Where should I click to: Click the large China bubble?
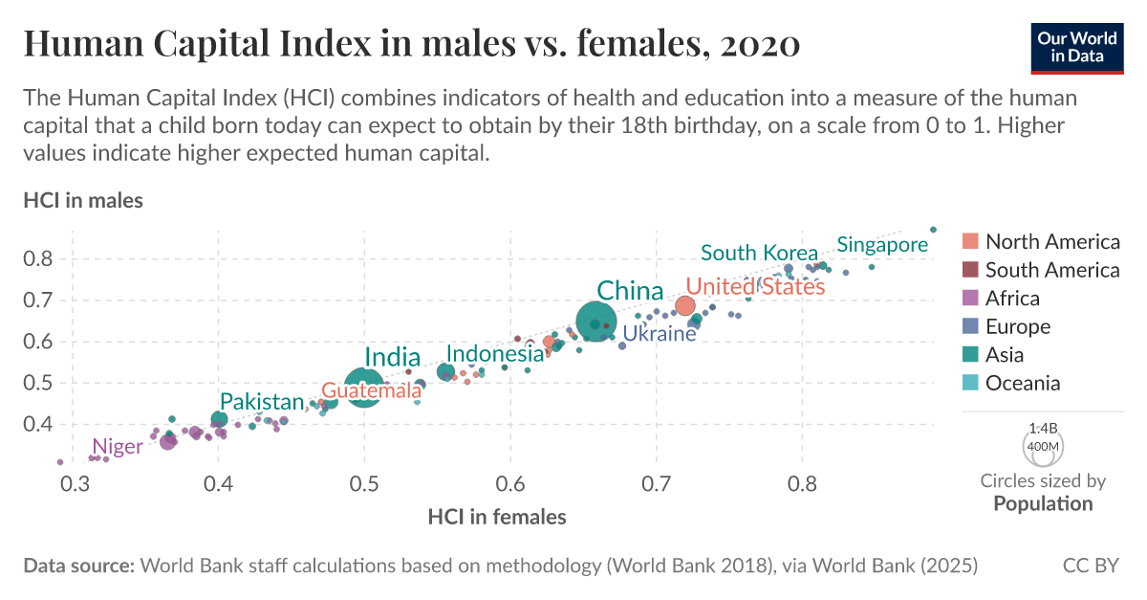point(596,323)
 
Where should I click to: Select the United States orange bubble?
point(684,306)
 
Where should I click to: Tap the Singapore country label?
point(882,245)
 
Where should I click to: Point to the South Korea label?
point(759,253)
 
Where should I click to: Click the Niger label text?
point(117,446)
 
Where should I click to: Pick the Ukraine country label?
point(660,334)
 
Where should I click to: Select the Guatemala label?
point(371,390)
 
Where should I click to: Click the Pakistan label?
point(262,402)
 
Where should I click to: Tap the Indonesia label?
point(495,354)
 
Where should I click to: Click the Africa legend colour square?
point(970,298)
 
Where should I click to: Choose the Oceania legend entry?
point(1023,383)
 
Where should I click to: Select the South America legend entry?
point(1051,270)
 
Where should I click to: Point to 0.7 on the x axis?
point(656,486)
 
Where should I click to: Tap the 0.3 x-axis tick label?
point(74,486)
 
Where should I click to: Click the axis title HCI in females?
point(497,517)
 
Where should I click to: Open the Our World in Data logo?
point(1077,45)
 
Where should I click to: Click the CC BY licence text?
point(1090,566)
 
